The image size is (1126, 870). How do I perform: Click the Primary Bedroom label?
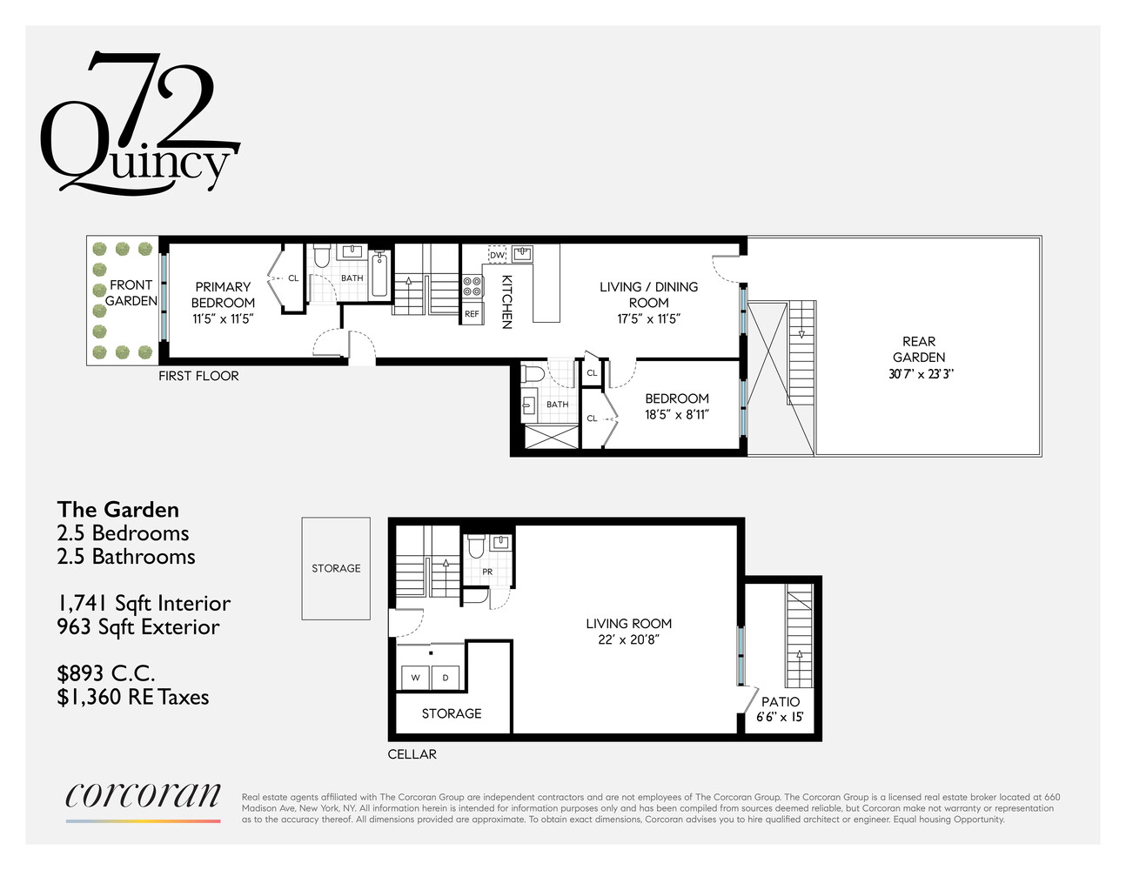click(223, 294)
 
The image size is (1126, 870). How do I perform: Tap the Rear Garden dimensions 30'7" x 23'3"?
click(919, 374)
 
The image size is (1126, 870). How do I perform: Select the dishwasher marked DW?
click(497, 254)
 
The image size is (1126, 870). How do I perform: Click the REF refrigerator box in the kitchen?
click(472, 314)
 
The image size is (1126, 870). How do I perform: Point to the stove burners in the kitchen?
click(473, 286)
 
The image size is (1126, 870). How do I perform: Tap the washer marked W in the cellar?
click(416, 678)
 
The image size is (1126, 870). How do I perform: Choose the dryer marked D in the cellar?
click(446, 678)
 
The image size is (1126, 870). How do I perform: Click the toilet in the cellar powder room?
click(475, 545)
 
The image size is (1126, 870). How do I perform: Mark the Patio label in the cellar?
click(781, 701)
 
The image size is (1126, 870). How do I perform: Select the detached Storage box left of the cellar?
click(336, 568)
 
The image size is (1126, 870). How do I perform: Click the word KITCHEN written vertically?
click(506, 301)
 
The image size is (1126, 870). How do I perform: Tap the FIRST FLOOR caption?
click(198, 376)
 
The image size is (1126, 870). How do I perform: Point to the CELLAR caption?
click(412, 754)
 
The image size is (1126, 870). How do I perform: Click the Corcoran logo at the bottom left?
click(144, 796)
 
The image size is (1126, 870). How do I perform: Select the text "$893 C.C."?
click(106, 673)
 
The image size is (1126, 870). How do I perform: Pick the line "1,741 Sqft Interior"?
click(144, 604)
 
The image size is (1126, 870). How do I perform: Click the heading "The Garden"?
click(118, 510)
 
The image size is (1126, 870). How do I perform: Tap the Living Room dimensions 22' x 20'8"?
click(628, 639)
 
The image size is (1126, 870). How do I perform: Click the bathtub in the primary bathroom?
click(380, 274)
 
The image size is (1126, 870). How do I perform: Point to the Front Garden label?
click(131, 293)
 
